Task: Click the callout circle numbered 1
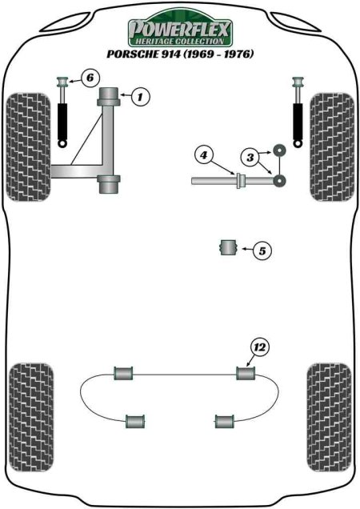(x=139, y=98)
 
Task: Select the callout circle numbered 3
(x=250, y=158)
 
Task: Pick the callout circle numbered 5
(x=261, y=250)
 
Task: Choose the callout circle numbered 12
(x=258, y=347)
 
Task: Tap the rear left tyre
(x=31, y=399)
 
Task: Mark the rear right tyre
(x=330, y=399)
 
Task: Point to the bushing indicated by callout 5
(x=229, y=247)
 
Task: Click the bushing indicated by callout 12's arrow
(x=245, y=373)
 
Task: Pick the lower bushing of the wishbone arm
(x=110, y=182)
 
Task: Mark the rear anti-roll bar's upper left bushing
(x=124, y=373)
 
